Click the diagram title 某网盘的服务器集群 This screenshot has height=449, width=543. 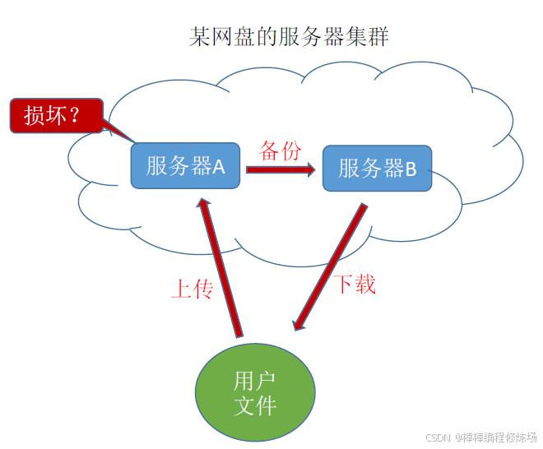tap(288, 37)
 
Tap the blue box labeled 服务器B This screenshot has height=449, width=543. tap(377, 169)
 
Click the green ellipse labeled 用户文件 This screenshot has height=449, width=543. tap(255, 393)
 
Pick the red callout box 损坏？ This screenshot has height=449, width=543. tap(56, 115)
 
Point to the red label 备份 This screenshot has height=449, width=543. tap(281, 150)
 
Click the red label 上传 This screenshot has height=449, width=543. tap(192, 289)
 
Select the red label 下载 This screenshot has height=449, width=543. tap(355, 285)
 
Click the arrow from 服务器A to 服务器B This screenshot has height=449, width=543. tap(280, 170)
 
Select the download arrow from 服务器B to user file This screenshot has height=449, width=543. tap(329, 267)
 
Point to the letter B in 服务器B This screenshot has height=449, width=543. tap(411, 169)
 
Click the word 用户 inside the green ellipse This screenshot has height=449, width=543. tap(255, 381)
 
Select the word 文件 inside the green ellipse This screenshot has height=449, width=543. tap(255, 405)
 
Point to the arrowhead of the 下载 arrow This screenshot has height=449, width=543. tap(299, 324)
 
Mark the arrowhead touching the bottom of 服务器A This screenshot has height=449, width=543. tap(203, 201)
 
